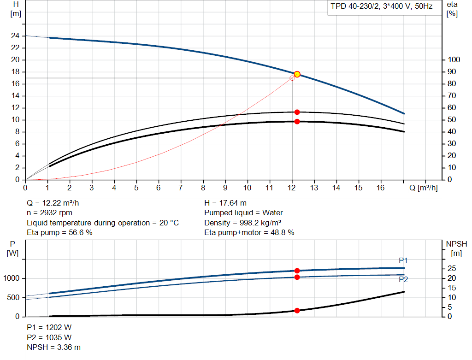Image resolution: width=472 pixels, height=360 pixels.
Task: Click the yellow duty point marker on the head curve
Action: pos(297,74)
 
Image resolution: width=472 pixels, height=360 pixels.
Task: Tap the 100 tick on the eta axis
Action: pos(454,60)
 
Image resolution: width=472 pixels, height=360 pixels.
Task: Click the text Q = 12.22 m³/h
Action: pos(56,203)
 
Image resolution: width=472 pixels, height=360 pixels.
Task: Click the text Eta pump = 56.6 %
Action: pos(59,232)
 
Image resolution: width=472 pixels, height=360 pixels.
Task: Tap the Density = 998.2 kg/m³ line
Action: pos(243,223)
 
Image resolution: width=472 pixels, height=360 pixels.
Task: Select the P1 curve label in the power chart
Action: pos(403,261)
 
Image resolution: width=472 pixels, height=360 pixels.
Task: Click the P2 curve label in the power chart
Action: pos(403,279)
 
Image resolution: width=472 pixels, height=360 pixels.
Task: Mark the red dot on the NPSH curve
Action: pos(297,311)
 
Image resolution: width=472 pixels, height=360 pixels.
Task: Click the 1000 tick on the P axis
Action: pos(12,278)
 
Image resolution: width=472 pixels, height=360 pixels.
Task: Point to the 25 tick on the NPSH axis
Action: pos(452,269)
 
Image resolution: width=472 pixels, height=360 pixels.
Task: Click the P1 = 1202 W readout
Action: pos(49,327)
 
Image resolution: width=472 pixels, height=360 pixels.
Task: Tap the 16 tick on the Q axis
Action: pos(381,188)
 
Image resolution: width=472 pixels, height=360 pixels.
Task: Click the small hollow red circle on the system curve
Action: pos(292,78)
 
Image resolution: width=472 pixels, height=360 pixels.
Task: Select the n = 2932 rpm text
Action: pos(50,212)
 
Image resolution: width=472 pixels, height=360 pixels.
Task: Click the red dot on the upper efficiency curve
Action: pos(297,112)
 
